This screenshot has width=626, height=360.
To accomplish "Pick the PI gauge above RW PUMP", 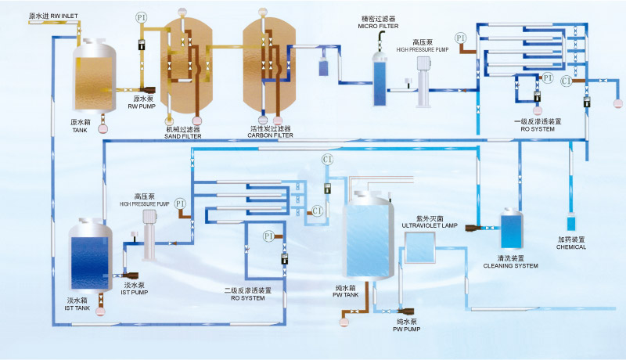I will [142, 17].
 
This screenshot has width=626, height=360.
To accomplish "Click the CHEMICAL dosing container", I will [570, 221].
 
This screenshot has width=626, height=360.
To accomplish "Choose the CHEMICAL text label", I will [571, 243].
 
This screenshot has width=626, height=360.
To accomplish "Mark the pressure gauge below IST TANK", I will [101, 311].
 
